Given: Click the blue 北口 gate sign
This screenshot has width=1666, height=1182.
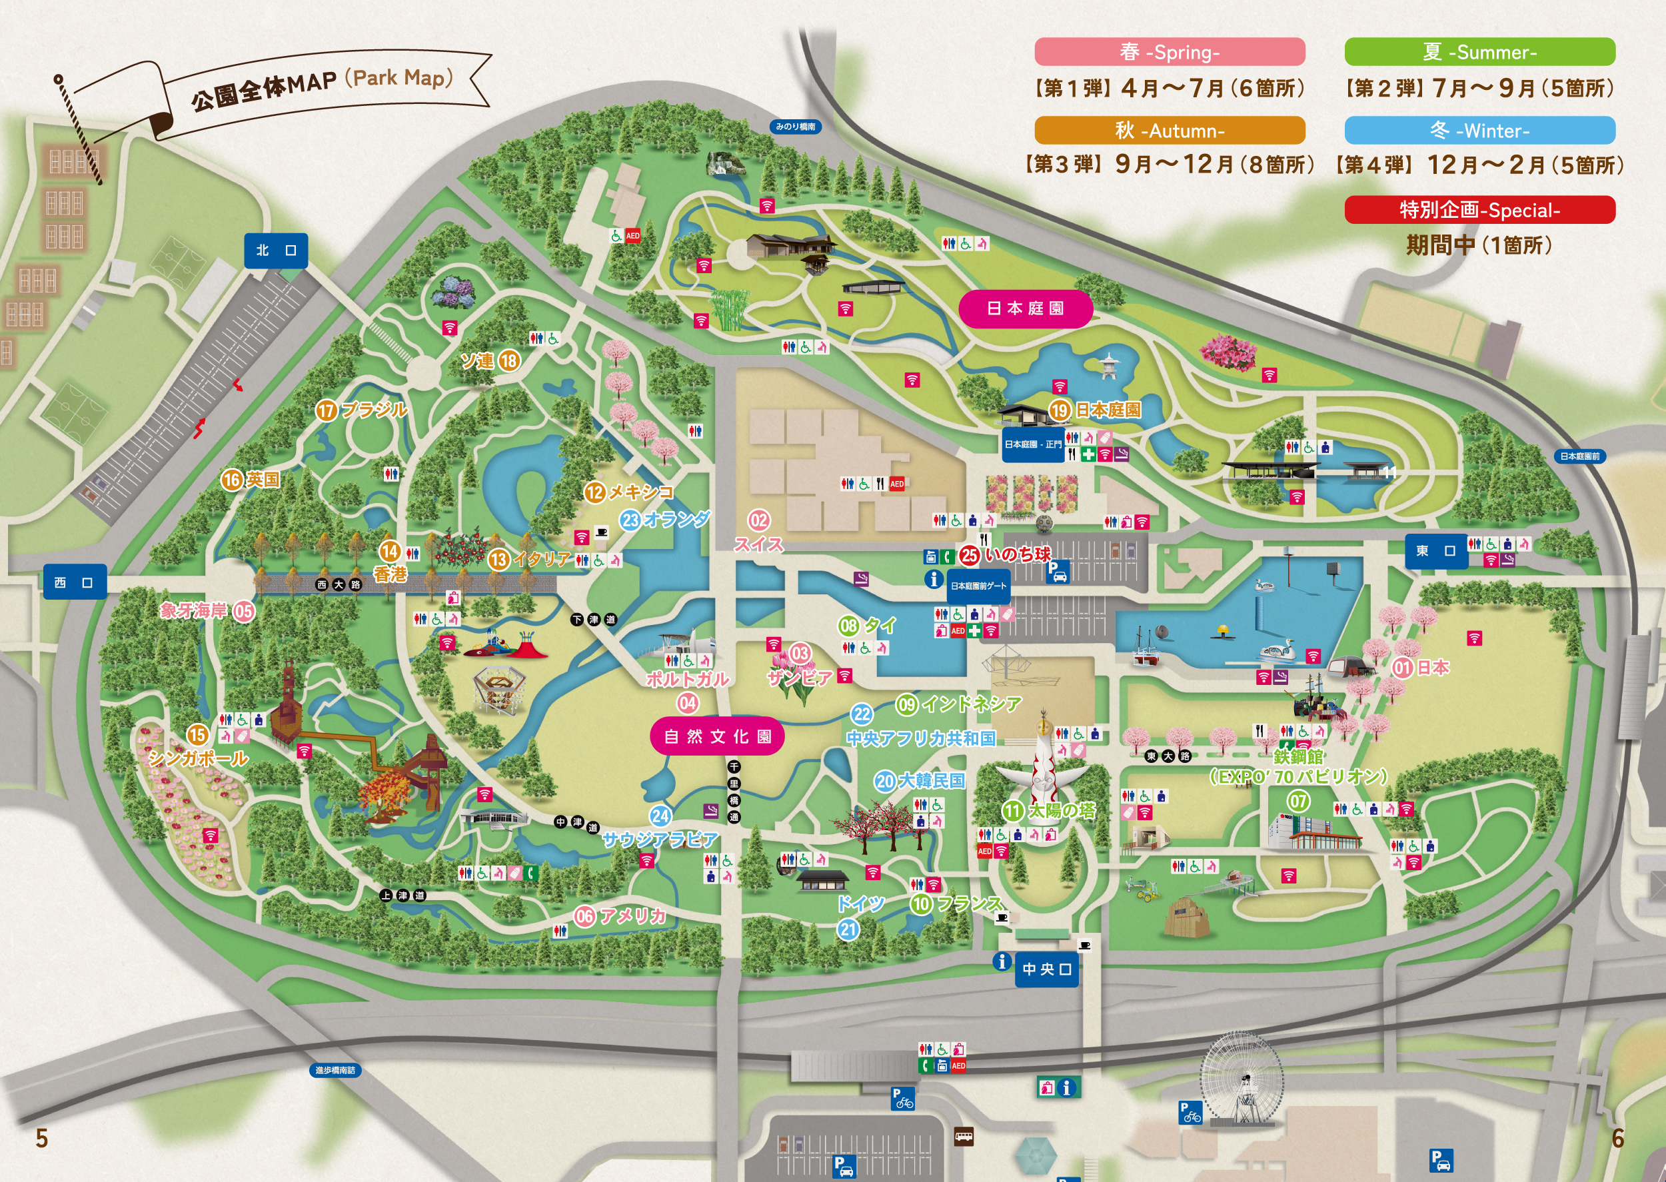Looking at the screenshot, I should (x=275, y=251).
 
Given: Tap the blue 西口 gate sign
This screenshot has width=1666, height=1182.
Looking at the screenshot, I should (x=74, y=582).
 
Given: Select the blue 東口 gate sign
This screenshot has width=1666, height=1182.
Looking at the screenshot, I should (x=1435, y=551).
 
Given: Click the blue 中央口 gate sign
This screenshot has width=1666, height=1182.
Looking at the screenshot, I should (x=1047, y=969).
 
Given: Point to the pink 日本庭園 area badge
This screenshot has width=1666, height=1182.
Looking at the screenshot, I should (x=1025, y=308).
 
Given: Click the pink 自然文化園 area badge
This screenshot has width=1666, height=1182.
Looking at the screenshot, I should (x=717, y=736).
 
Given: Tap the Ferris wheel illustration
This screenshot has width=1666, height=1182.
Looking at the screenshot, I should (x=1241, y=1078).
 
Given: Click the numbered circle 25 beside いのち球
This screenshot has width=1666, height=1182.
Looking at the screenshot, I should (x=969, y=555).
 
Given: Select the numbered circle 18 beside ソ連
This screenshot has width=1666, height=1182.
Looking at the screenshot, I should (x=508, y=360).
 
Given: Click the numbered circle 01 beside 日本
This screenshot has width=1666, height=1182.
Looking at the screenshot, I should (x=1402, y=668).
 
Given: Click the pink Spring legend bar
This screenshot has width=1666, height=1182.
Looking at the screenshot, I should (x=1169, y=52).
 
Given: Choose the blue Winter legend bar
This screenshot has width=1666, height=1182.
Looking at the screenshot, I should (x=1479, y=131).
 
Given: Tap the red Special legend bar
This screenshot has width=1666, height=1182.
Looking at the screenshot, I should (x=1479, y=210).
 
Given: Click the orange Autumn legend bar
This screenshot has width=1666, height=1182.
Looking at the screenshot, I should (x=1169, y=131).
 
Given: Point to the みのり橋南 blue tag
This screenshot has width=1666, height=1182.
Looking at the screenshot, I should (x=795, y=127).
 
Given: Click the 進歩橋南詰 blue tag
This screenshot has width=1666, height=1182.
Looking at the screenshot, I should (x=335, y=1070).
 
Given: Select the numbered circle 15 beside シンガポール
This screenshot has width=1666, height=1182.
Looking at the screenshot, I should (x=197, y=734).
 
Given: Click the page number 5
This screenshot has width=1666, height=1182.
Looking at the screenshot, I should (x=41, y=1137).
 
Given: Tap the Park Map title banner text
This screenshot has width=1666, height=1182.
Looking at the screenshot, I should (x=322, y=86).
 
